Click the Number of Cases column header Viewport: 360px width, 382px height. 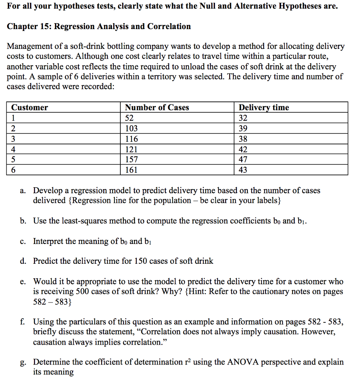point(157,107)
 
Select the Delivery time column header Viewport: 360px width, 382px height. point(263,107)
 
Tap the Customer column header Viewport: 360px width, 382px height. point(29,107)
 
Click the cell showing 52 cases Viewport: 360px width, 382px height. point(129,118)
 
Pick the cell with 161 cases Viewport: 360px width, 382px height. point(131,170)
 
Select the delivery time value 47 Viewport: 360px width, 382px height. point(243,160)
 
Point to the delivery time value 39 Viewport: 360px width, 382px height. point(243,129)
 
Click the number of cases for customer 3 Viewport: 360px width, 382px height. point(131,139)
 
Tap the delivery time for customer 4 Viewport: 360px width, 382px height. point(243,150)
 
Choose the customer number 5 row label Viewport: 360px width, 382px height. point(13,160)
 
